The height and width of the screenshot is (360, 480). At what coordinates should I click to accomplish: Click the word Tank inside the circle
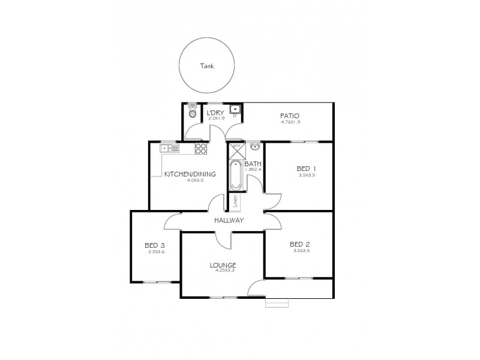[x=208, y=67]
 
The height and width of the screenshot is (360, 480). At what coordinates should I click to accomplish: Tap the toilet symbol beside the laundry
[x=192, y=112]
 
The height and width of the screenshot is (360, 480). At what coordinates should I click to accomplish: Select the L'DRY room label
[x=215, y=112]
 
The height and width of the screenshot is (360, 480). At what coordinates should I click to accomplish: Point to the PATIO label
[x=289, y=116]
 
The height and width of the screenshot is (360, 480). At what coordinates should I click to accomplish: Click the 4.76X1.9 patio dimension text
[x=289, y=122]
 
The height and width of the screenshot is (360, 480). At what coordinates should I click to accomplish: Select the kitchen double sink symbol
[x=169, y=148]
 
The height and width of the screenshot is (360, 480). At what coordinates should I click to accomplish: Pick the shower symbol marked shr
[x=236, y=150]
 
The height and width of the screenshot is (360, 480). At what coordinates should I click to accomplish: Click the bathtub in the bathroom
[x=235, y=175]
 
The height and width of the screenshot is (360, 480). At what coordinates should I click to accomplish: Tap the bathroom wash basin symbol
[x=256, y=146]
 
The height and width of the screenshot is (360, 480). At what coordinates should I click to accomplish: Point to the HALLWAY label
[x=229, y=220]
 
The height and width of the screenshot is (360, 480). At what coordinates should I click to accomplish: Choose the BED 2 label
[x=299, y=244]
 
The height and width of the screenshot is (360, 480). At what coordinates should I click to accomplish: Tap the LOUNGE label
[x=223, y=265]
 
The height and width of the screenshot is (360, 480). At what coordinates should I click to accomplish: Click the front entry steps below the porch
[x=277, y=304]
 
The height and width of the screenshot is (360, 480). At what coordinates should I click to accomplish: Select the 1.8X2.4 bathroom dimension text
[x=253, y=170]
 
